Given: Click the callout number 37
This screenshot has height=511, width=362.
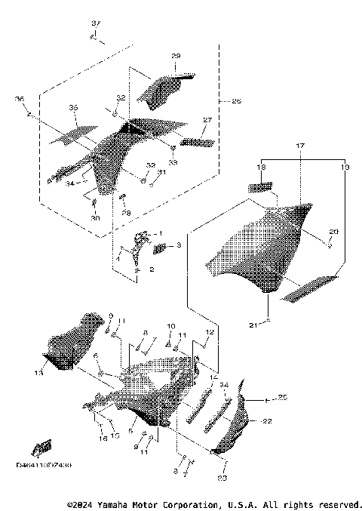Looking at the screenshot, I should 95,24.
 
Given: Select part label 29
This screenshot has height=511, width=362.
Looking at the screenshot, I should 176,57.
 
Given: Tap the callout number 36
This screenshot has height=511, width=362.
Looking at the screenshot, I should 20,99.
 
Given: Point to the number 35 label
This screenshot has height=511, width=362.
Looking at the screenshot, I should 73,109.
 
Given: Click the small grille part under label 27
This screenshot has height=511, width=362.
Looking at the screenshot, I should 198,141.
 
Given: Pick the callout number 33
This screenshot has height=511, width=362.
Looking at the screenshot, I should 173,162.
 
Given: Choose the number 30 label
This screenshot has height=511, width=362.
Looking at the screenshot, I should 95,218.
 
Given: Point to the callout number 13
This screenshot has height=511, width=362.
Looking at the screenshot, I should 39,372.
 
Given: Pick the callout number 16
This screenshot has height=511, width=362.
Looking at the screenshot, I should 103,437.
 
